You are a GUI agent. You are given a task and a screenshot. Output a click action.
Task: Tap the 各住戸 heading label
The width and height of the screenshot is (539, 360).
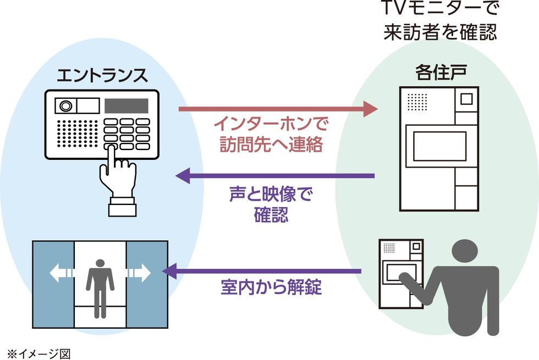(438, 72)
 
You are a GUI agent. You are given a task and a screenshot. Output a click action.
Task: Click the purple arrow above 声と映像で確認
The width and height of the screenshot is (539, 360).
(275, 176)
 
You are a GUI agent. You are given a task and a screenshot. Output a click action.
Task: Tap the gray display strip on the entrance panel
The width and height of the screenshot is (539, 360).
(127, 105)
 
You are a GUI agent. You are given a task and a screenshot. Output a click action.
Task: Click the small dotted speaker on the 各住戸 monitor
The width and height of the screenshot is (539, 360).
(417, 102)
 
